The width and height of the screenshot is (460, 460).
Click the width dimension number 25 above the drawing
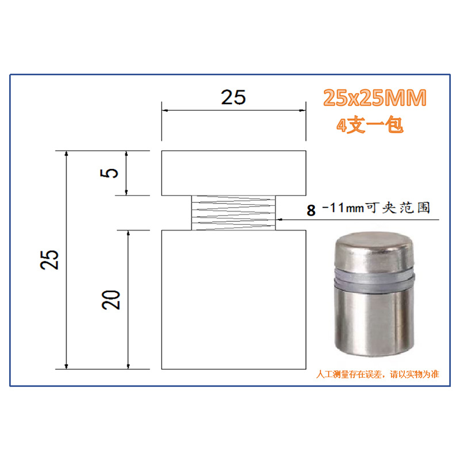coord(233,97)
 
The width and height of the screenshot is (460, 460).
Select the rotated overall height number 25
coord(49,260)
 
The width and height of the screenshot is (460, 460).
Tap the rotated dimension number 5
coord(109,173)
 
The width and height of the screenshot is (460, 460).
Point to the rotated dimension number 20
coord(111,300)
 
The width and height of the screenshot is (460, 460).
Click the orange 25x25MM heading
coord(375,98)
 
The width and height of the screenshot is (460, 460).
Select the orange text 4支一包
coord(370,125)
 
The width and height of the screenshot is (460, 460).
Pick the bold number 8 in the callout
coord(311,210)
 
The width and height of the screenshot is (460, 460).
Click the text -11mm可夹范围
coord(376,208)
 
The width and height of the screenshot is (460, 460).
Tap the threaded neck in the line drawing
coord(233,213)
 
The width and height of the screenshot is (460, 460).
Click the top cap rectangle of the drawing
coord(234,173)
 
